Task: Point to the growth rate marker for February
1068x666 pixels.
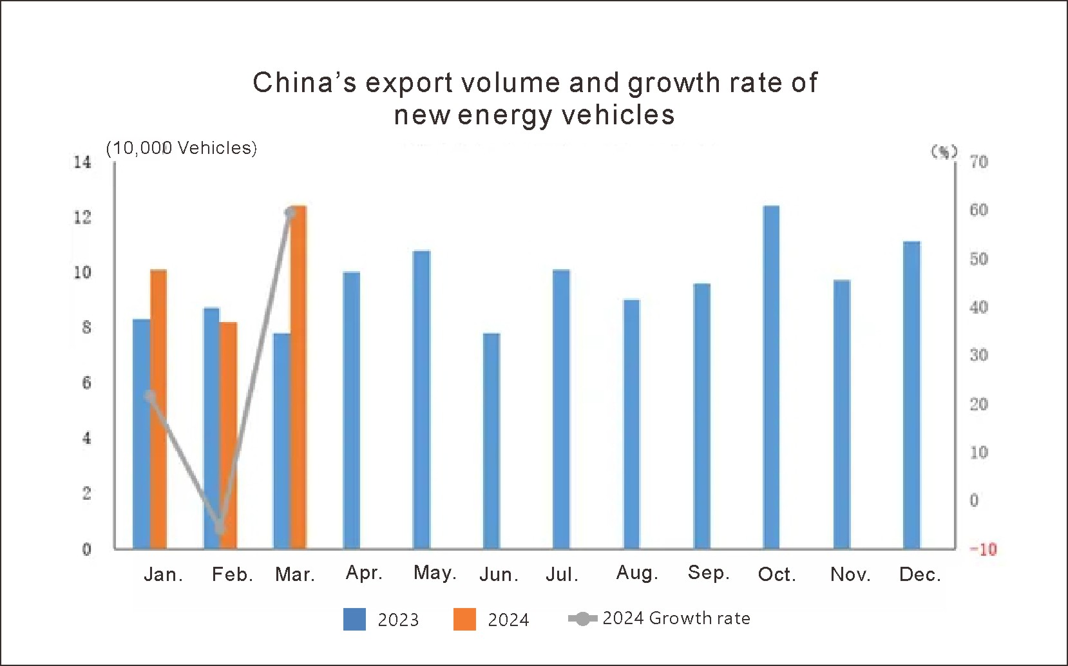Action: pos(220,528)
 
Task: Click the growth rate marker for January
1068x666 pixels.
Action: pos(150,396)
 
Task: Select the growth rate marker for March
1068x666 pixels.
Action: pos(291,213)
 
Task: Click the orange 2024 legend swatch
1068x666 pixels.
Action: pos(464,619)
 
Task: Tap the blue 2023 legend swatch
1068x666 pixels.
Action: pos(354,619)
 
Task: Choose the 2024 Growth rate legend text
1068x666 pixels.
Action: pos(676,618)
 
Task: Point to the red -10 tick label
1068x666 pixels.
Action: pos(983,549)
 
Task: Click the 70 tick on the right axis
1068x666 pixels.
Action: pos(978,162)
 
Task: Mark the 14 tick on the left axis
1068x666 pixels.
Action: pos(82,162)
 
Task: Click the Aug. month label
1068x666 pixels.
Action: pos(637,573)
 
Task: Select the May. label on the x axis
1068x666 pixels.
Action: pos(435,573)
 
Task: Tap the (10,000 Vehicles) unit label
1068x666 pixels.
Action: pos(182,148)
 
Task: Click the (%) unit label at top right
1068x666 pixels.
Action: pos(944,152)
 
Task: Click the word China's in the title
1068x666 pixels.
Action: pos(304,83)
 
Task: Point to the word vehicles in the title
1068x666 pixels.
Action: pos(618,115)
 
